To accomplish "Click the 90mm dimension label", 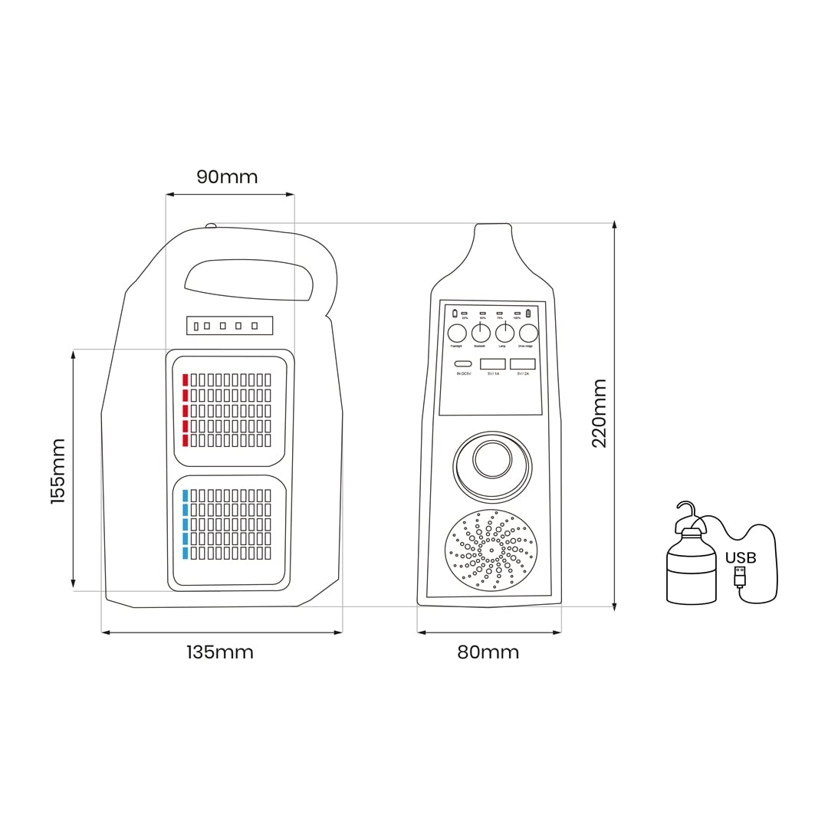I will point(227,177).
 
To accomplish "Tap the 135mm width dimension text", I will point(220,652).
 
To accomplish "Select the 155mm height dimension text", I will point(58,471).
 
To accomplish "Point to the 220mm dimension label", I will point(599,413).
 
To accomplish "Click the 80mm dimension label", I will point(488,652).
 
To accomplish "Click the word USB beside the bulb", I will point(740,557).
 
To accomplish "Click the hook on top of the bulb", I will point(686,510).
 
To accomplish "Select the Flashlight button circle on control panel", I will point(457,333).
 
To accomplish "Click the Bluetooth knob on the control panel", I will point(481,333).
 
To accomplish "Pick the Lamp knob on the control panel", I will point(504,333).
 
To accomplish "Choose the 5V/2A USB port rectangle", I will point(522,364).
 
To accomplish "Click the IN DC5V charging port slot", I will point(463,364).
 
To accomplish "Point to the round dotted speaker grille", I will point(491,550).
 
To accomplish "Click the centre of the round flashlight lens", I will point(492,459).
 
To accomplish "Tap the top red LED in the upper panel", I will point(185,379).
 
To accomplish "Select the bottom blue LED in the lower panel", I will point(185,553).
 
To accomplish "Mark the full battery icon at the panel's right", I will point(527,314).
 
